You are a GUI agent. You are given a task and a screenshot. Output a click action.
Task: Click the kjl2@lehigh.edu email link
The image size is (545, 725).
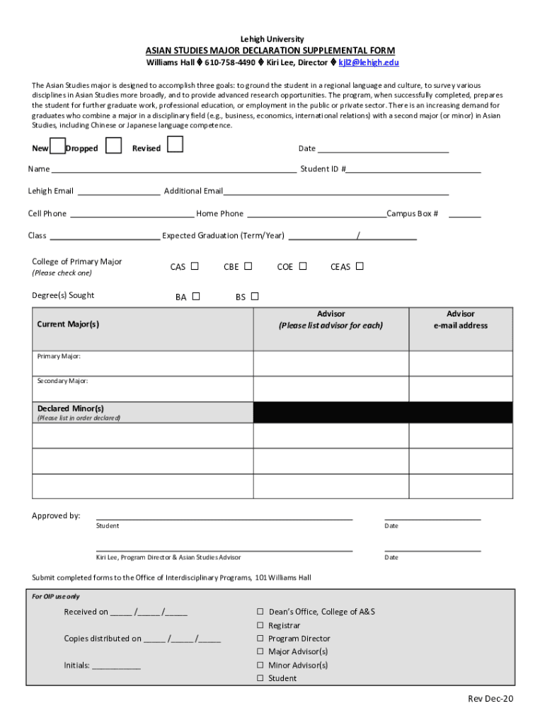pyautogui.click(x=369, y=62)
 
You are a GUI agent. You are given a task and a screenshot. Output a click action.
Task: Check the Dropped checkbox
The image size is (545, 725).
pyautogui.click(x=112, y=146)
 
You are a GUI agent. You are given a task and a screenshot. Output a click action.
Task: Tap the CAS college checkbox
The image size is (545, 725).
pyautogui.click(x=195, y=266)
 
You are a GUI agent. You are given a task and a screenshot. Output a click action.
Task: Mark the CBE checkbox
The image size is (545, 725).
pyautogui.click(x=248, y=266)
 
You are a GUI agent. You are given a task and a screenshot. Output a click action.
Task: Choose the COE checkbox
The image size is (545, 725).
pyautogui.click(x=303, y=266)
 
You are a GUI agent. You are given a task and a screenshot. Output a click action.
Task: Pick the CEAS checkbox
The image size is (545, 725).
pyautogui.click(x=360, y=266)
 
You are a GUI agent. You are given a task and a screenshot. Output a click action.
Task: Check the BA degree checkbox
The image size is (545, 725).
pyautogui.click(x=196, y=297)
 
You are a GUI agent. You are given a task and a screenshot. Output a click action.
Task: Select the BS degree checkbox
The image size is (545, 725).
pyautogui.click(x=255, y=297)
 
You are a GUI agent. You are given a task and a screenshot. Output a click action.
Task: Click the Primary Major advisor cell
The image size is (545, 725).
pyautogui.click(x=331, y=363)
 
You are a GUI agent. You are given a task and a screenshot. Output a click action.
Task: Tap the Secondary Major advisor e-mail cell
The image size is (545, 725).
pyautogui.click(x=460, y=389)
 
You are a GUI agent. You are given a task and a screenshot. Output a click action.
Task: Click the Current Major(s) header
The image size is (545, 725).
pyautogui.click(x=68, y=324)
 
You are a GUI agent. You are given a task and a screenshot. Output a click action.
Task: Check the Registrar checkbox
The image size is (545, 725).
pyautogui.click(x=260, y=626)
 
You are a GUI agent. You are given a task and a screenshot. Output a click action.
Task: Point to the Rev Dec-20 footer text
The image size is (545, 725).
pyautogui.click(x=490, y=699)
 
